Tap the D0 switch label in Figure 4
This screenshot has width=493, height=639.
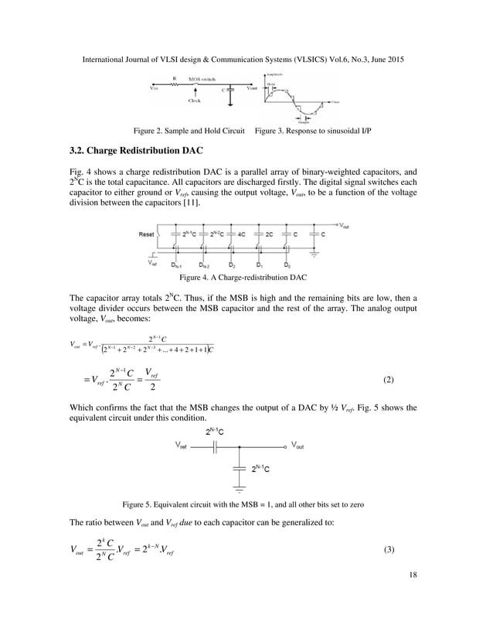point(287,265)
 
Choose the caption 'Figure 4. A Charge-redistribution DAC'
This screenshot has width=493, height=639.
point(246,276)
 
